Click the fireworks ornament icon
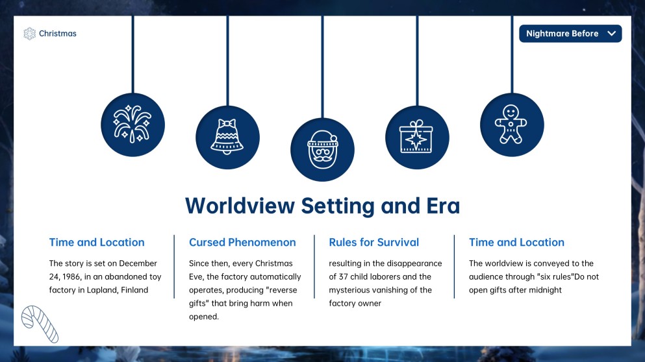click(x=133, y=125)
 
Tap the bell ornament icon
click(x=227, y=138)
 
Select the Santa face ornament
click(x=322, y=150)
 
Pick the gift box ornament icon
click(x=417, y=138)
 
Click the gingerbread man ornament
click(x=512, y=125)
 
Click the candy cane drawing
click(x=40, y=324)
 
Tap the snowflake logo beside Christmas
click(x=30, y=34)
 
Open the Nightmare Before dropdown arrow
click(x=612, y=33)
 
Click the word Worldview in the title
click(x=240, y=206)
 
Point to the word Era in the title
click(x=443, y=206)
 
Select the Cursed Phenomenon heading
click(x=242, y=243)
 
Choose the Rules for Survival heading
click(x=374, y=243)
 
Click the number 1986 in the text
click(x=71, y=276)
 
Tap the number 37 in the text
click(x=344, y=276)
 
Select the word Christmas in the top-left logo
click(x=58, y=34)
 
